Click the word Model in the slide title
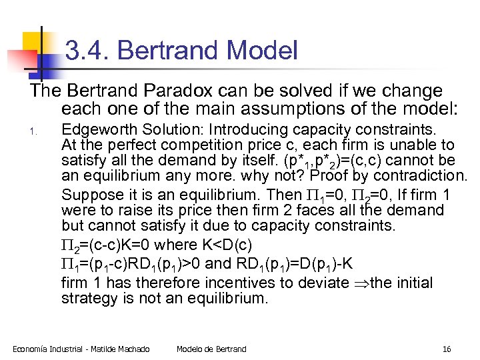(262, 51)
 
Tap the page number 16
(447, 349)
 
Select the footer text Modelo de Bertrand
(211, 349)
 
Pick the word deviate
(330, 283)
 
